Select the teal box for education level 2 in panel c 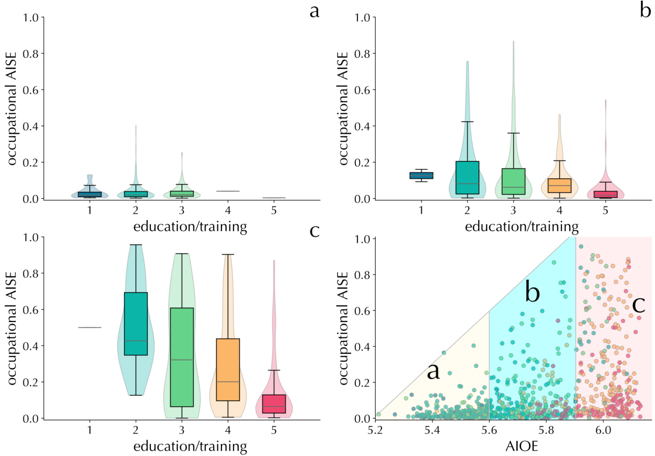136,323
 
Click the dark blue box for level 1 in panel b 421,176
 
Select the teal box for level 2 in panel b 467,178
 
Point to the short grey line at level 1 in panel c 90,328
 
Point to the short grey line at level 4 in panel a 228,191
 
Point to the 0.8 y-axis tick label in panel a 31,54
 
